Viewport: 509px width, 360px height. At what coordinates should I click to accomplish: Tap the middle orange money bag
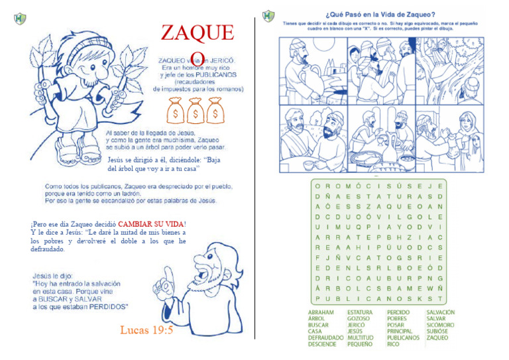click(x=195, y=110)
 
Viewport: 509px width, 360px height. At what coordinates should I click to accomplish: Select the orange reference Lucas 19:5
click(x=146, y=330)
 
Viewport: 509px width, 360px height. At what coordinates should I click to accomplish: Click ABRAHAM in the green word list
click(x=321, y=312)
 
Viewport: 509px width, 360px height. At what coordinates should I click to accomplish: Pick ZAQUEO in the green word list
click(x=437, y=337)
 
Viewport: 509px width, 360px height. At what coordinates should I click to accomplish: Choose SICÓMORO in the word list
click(x=441, y=325)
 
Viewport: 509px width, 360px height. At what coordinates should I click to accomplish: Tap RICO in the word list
click(x=393, y=344)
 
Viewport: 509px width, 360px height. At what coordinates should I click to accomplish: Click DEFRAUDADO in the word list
click(x=326, y=337)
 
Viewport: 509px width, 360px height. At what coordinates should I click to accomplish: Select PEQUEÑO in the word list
click(x=360, y=344)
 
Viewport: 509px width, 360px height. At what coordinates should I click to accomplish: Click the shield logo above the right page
click(x=268, y=15)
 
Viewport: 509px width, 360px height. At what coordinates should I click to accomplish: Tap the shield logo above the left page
click(x=20, y=18)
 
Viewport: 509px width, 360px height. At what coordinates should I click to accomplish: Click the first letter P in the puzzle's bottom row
click(x=318, y=298)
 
